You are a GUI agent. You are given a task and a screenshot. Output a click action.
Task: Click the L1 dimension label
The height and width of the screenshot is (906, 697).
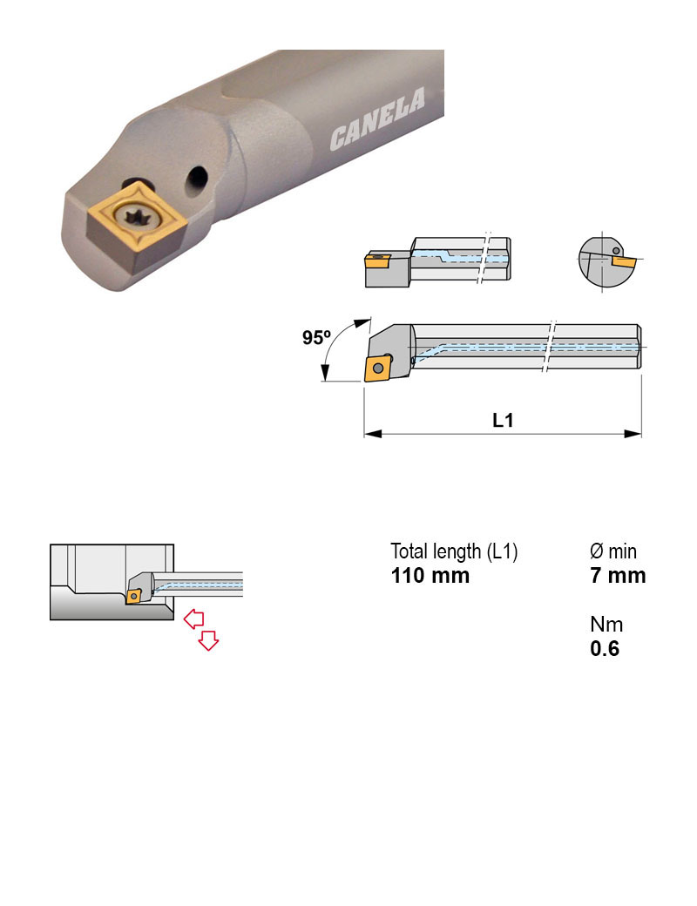pos(503,420)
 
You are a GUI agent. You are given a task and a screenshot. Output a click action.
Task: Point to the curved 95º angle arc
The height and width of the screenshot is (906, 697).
pos(331,348)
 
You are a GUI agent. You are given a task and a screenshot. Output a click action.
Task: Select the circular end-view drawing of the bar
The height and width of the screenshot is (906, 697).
pos(604,259)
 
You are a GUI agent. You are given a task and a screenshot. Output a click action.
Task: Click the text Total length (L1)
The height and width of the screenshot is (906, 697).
pos(454,551)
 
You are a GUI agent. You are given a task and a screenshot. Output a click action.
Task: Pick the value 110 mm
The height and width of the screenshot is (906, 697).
pos(430,575)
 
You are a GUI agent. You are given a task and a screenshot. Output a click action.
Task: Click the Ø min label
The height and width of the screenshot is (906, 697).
pos(613,551)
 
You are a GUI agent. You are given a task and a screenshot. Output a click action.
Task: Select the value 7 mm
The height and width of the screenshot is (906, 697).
pos(618,575)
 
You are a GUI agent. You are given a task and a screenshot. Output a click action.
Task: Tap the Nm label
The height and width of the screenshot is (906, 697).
pos(606,625)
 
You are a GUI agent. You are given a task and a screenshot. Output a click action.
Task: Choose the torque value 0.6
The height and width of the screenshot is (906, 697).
pos(605,649)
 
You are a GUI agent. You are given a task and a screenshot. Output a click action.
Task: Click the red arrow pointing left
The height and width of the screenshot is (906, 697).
pos(193,619)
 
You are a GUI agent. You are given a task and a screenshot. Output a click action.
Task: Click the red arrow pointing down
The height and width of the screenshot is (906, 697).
pos(208,641)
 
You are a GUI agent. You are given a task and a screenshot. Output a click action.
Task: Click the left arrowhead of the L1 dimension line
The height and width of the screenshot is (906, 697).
pos(370,433)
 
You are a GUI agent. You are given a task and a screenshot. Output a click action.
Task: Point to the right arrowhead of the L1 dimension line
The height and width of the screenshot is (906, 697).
pos(635,433)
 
